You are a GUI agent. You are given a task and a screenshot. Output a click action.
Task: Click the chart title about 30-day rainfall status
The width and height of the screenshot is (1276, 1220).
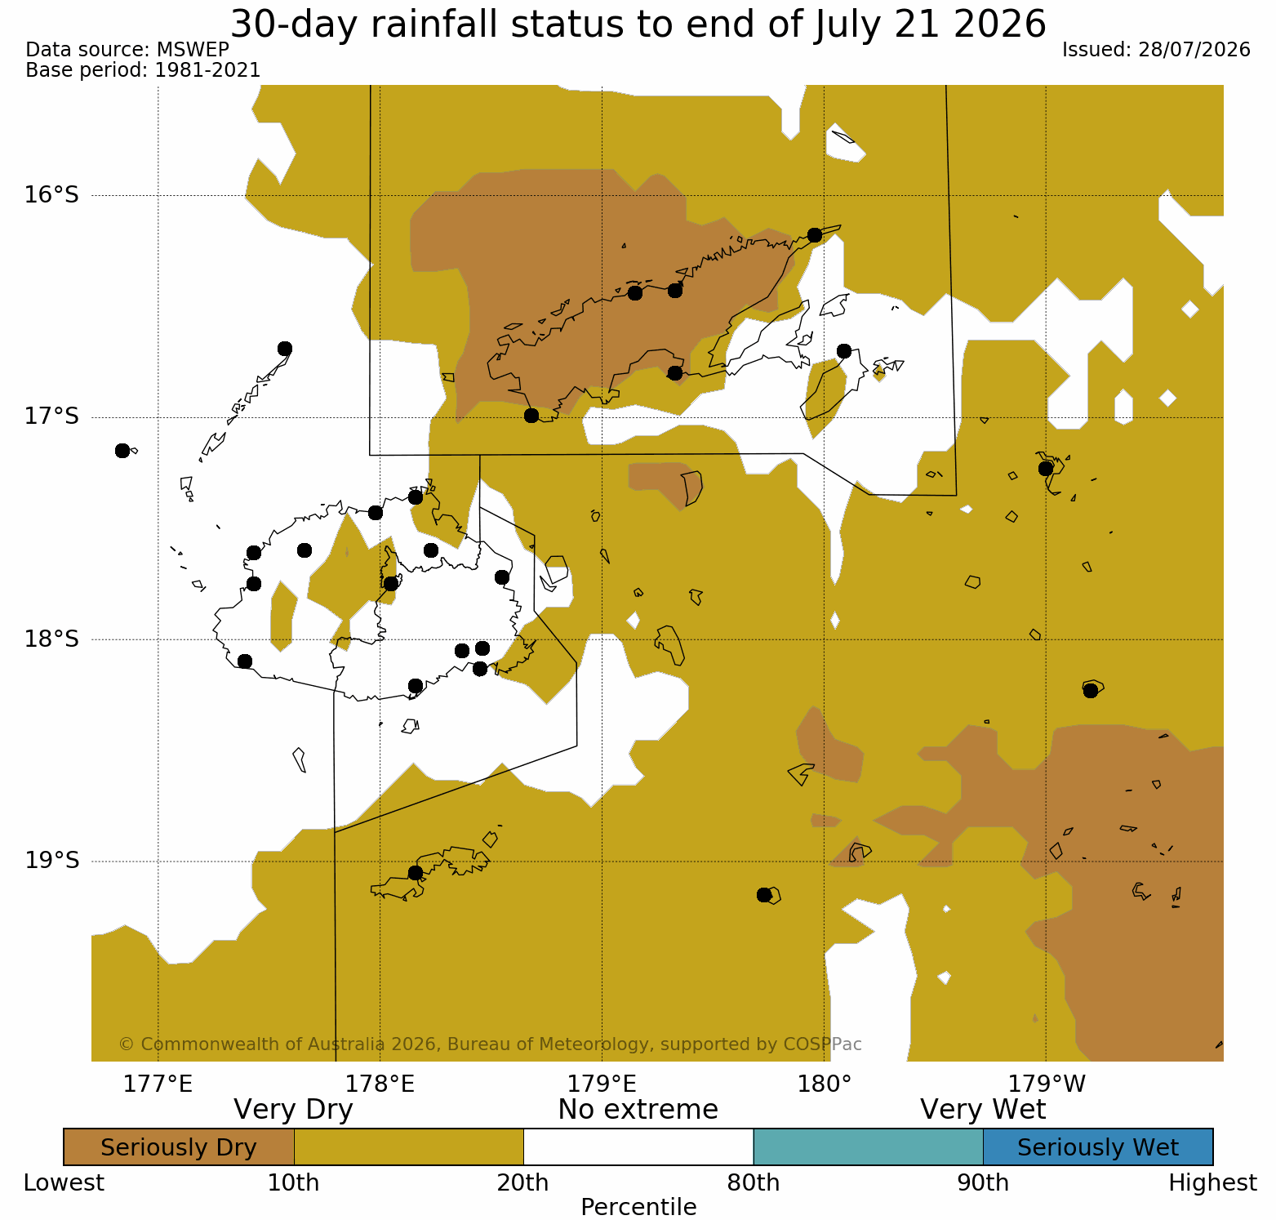[638, 24]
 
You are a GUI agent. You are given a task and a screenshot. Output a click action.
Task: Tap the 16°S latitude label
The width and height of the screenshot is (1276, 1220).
[51, 195]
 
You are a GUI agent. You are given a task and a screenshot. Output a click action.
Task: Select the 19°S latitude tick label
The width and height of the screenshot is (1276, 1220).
[51, 861]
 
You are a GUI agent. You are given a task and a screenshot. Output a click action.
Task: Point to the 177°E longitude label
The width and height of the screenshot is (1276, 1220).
[158, 1084]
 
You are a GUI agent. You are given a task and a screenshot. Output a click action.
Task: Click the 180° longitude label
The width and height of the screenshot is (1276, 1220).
[825, 1084]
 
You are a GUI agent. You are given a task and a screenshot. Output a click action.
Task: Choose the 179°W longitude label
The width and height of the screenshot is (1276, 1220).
[1047, 1084]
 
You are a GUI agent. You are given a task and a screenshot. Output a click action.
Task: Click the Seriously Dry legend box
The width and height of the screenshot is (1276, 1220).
[179, 1147]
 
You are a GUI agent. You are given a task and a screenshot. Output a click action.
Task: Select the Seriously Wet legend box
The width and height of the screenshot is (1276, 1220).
[1098, 1147]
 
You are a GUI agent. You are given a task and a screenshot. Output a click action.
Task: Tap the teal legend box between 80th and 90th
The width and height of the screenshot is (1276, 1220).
[868, 1147]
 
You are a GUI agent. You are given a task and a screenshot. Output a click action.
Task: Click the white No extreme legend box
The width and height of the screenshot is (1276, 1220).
[638, 1147]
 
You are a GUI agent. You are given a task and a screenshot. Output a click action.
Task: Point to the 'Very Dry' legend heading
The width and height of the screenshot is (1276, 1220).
[293, 1110]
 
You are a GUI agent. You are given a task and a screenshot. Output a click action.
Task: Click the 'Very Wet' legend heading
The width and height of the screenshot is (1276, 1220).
[983, 1110]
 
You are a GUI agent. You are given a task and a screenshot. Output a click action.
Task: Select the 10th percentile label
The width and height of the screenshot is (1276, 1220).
[294, 1182]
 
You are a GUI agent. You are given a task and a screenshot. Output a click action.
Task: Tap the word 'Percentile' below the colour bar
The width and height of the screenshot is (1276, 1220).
[638, 1207]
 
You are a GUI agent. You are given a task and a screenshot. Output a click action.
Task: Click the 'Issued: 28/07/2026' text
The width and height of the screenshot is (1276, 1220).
[1156, 50]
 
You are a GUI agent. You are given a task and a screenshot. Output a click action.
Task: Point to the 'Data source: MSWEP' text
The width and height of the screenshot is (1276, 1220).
[127, 50]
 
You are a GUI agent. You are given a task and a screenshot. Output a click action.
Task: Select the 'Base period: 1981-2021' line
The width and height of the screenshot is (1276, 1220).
[143, 70]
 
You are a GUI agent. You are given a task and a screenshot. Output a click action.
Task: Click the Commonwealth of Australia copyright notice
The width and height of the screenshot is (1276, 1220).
[490, 1044]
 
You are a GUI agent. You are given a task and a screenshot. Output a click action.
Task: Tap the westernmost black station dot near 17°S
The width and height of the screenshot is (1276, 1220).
[122, 451]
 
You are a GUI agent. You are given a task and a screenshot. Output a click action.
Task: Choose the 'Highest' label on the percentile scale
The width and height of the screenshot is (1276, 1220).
[1212, 1182]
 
